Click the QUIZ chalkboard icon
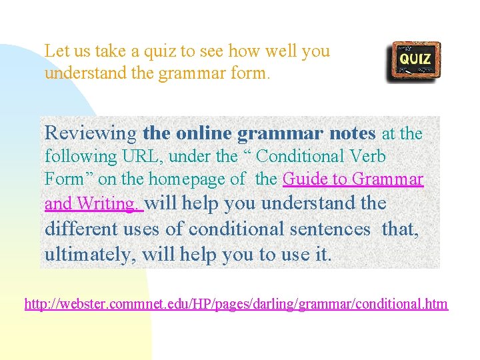413,62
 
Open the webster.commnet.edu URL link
236,305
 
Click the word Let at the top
57,51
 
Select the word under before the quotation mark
190,157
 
